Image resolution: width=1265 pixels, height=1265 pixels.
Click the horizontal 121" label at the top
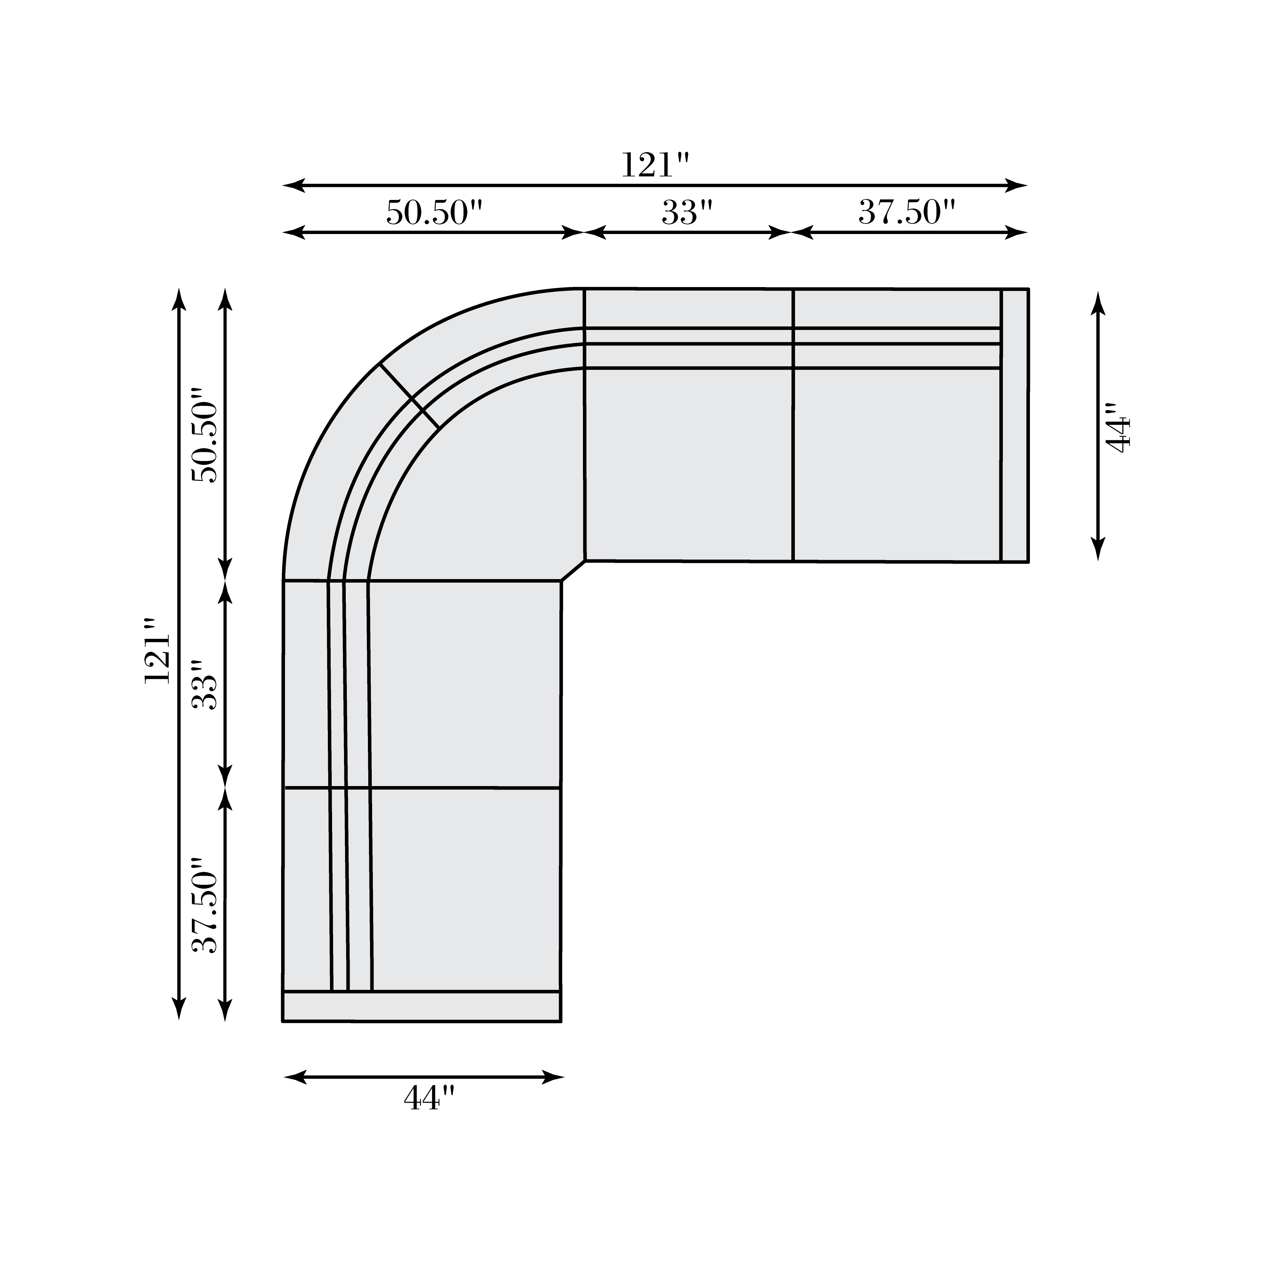[655, 165]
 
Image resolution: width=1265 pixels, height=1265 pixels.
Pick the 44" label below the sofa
[429, 1098]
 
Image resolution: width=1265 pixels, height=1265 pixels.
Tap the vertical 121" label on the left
[157, 658]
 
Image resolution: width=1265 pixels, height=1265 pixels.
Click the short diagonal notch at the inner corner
[573, 570]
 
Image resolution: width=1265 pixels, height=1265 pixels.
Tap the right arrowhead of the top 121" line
[1018, 185]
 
